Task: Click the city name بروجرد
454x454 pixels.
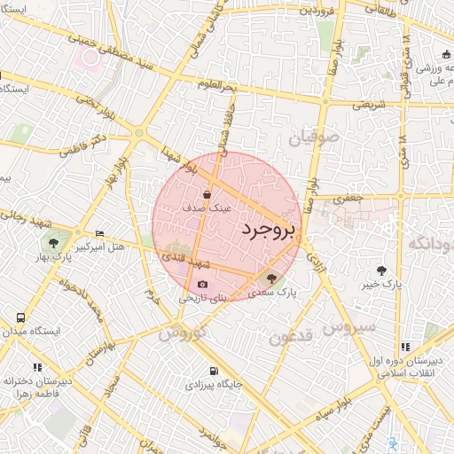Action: point(268,229)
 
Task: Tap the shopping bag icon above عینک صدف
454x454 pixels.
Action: point(207,193)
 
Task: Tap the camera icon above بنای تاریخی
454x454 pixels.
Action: point(203,285)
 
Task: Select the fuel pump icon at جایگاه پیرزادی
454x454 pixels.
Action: point(212,372)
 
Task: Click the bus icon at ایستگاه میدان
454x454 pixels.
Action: point(20,317)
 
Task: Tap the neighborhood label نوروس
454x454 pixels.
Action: point(182,335)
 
